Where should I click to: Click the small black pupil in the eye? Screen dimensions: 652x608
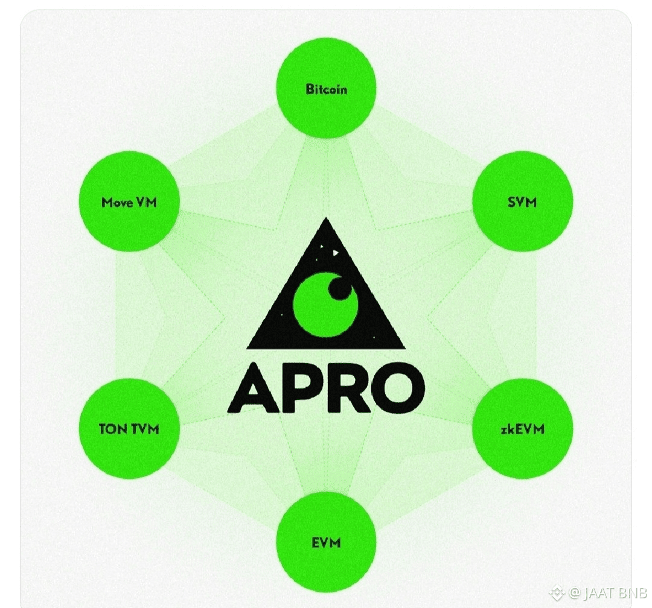[339, 290]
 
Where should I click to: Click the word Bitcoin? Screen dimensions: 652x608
[326, 90]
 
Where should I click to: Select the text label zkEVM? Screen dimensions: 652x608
[522, 429]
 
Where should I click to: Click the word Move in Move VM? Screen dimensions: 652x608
[117, 202]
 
